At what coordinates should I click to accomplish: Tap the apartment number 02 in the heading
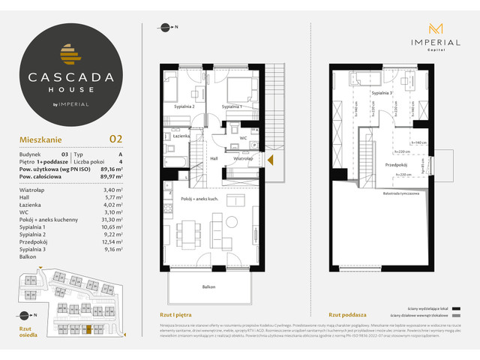[115, 138]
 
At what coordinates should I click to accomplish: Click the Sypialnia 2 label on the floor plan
[184, 107]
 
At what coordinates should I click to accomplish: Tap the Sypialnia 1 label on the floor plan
[235, 107]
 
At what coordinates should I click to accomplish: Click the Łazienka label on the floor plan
[181, 137]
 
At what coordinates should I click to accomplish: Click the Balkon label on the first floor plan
[216, 286]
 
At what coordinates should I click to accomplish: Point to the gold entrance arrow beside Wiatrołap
[271, 158]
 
